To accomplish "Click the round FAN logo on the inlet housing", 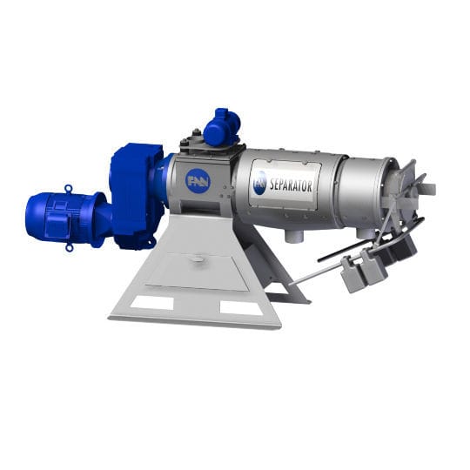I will pyautogui.click(x=198, y=181).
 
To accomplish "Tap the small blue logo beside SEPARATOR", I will pyautogui.click(x=259, y=183).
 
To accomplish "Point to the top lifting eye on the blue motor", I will pyautogui.click(x=69, y=187).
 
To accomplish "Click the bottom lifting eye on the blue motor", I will pyautogui.click(x=70, y=247).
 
